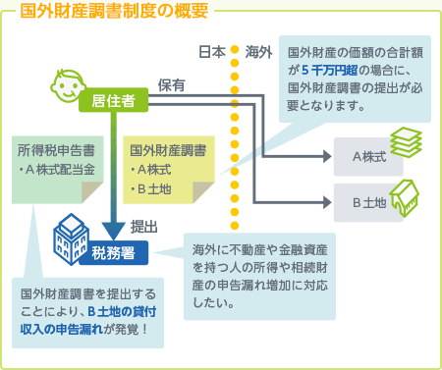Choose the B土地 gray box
point(368,202)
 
